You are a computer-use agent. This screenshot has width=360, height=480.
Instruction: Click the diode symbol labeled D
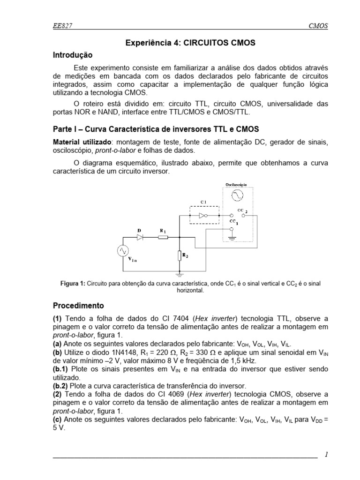pos(140,237)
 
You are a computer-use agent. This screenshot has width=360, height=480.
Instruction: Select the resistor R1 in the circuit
pos(163,237)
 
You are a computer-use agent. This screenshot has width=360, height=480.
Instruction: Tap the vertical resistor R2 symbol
pos(180,255)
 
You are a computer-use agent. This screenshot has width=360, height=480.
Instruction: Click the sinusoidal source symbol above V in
pos(123,251)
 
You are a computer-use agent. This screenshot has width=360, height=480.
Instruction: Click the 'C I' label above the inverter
pos(203,202)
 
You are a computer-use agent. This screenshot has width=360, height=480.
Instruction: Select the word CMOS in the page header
pos(317,27)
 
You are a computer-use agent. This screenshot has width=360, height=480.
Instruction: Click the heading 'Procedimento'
pos(78,306)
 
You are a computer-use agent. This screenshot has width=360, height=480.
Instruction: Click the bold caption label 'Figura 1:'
pos(73,284)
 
